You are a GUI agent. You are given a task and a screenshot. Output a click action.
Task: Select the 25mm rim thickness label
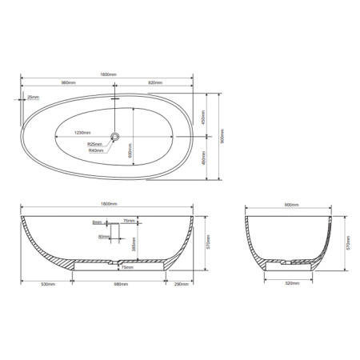pos(32,97)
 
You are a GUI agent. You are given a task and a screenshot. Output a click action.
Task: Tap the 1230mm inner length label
pos(82,132)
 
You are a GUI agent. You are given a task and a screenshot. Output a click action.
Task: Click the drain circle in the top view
pos(115,138)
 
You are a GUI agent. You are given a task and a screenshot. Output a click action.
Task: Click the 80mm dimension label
pos(103,237)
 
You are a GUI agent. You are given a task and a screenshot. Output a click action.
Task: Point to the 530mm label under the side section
pos(47,283)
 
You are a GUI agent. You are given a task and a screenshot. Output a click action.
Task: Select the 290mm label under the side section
pos(178,283)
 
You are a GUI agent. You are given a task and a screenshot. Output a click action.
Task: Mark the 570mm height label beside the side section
pos(207,240)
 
